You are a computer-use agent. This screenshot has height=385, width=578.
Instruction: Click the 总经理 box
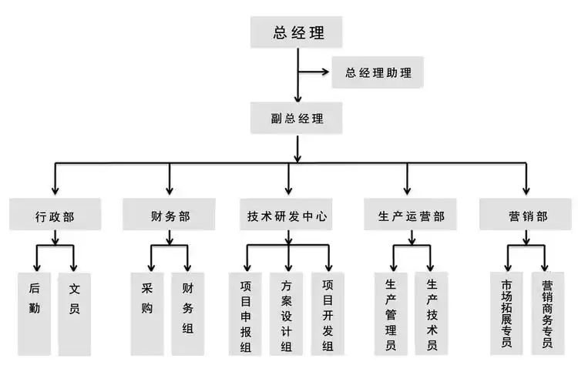297,33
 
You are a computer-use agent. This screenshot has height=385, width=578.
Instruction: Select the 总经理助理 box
378,74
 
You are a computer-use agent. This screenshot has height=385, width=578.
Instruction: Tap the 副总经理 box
297,119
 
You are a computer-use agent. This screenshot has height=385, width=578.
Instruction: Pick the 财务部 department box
168,216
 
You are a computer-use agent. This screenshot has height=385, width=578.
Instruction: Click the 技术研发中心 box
288,216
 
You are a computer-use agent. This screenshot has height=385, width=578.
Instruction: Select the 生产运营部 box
406,216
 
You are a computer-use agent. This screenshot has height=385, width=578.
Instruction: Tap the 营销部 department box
527,216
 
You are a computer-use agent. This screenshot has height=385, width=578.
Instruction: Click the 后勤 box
34,313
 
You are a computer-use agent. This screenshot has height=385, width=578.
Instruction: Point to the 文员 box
75,313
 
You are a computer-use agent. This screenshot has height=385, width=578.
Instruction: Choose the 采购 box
147,313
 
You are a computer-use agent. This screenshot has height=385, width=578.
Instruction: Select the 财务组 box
188,313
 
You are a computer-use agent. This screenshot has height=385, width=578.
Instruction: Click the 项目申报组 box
246,313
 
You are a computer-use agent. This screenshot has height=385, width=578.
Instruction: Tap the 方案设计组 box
287,313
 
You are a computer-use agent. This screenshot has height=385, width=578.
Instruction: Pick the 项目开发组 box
328,313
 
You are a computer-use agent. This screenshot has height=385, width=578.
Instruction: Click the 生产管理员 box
391,313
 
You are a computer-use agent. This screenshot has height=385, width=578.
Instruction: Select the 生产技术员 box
432,313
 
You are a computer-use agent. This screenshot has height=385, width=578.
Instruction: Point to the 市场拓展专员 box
506,313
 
